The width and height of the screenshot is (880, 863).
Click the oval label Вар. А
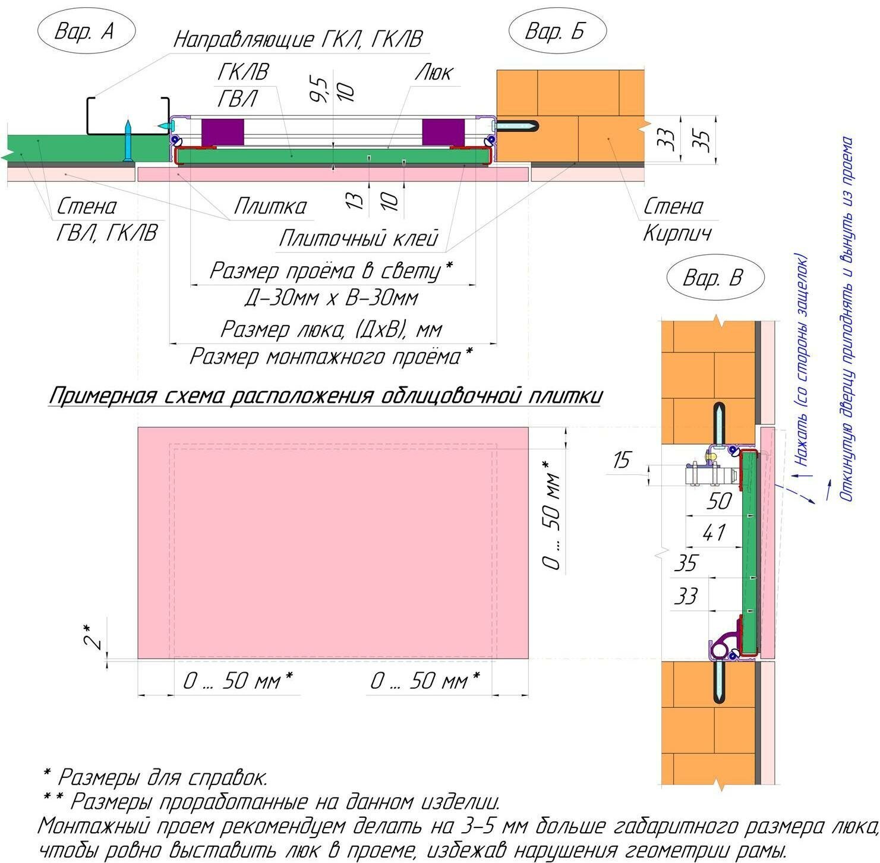pos(86,31)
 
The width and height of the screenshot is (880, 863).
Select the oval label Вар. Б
pos(557,31)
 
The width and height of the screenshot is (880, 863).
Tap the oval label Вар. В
pos(714,278)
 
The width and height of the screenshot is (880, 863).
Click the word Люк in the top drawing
pos(434,73)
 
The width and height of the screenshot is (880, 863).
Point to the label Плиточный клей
pos(358,238)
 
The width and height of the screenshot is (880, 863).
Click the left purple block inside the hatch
pos(223,132)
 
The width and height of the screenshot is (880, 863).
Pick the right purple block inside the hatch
pos(443,132)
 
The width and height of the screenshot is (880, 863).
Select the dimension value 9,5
pos(320,89)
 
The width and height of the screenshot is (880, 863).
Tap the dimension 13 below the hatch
pos(355,200)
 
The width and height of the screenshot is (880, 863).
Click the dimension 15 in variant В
pos(622,460)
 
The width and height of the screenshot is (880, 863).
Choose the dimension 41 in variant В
pos(713,533)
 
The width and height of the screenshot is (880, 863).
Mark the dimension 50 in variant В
pos(719,501)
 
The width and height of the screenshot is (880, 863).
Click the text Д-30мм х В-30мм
pos(332,298)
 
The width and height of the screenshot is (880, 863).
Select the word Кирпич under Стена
pos(677,234)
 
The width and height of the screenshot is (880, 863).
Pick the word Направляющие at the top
pos(244,40)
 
